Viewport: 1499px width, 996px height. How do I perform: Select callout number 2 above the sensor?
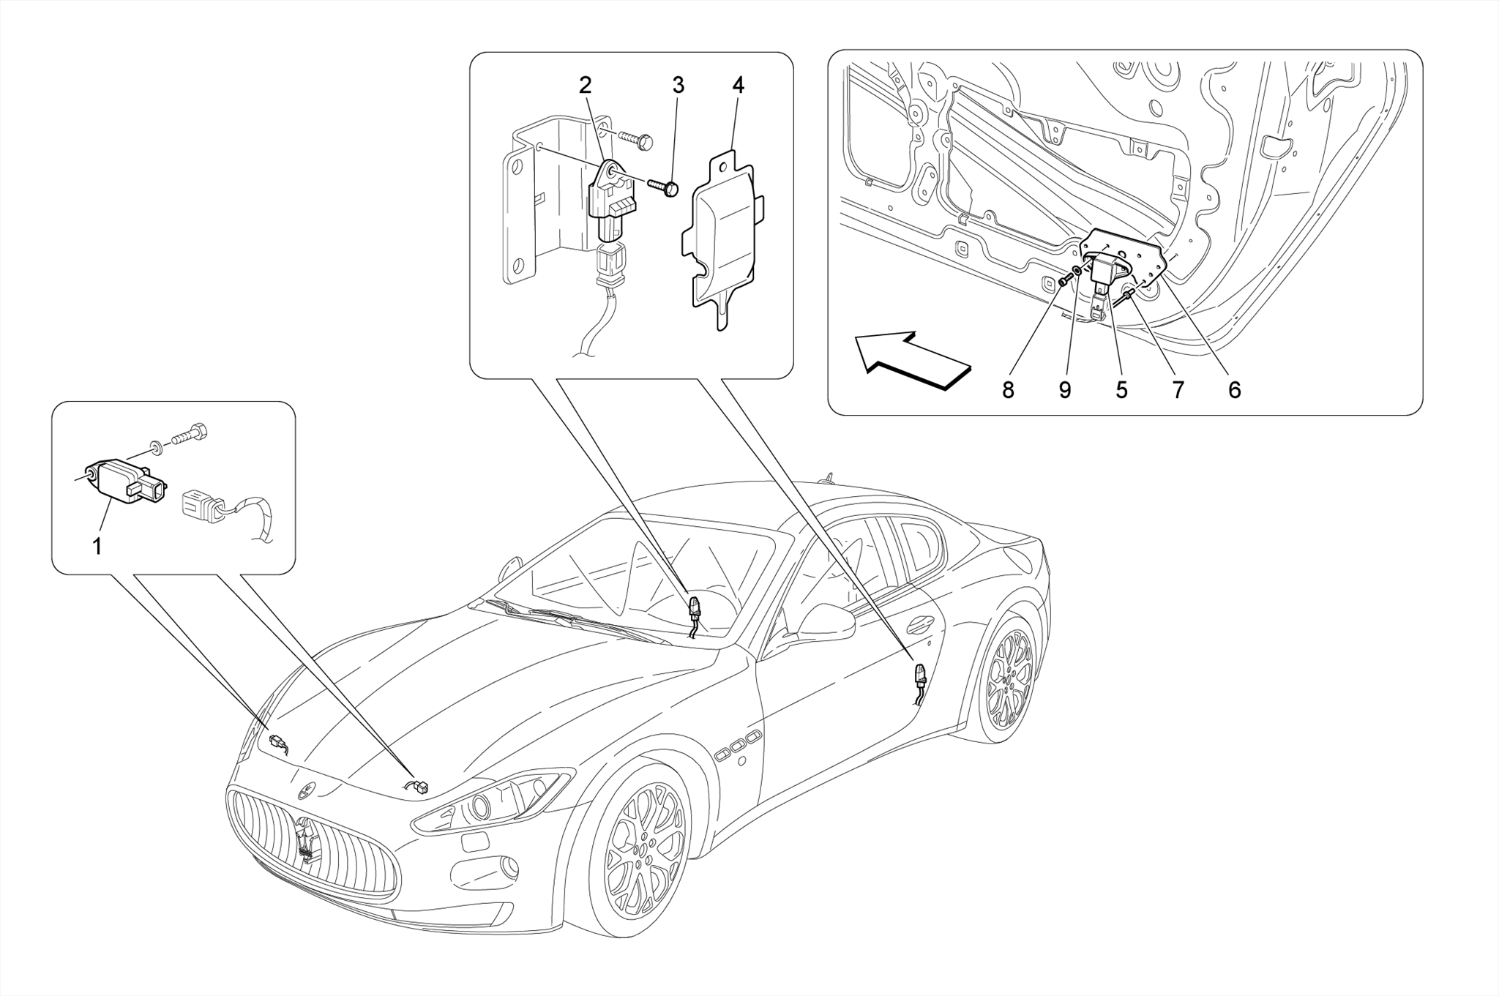pos(585,86)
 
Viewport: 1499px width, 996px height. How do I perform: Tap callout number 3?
pos(678,86)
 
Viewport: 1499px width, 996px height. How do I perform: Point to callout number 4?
pos(738,86)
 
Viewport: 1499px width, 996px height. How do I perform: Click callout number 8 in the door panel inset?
pos(1008,391)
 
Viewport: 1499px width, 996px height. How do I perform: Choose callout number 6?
pos(1234,391)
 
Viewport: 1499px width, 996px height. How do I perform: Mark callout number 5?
pos(1121,391)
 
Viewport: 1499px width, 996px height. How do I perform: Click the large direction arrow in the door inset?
pos(911,360)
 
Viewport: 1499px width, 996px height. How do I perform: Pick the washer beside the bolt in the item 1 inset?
pos(156,446)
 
